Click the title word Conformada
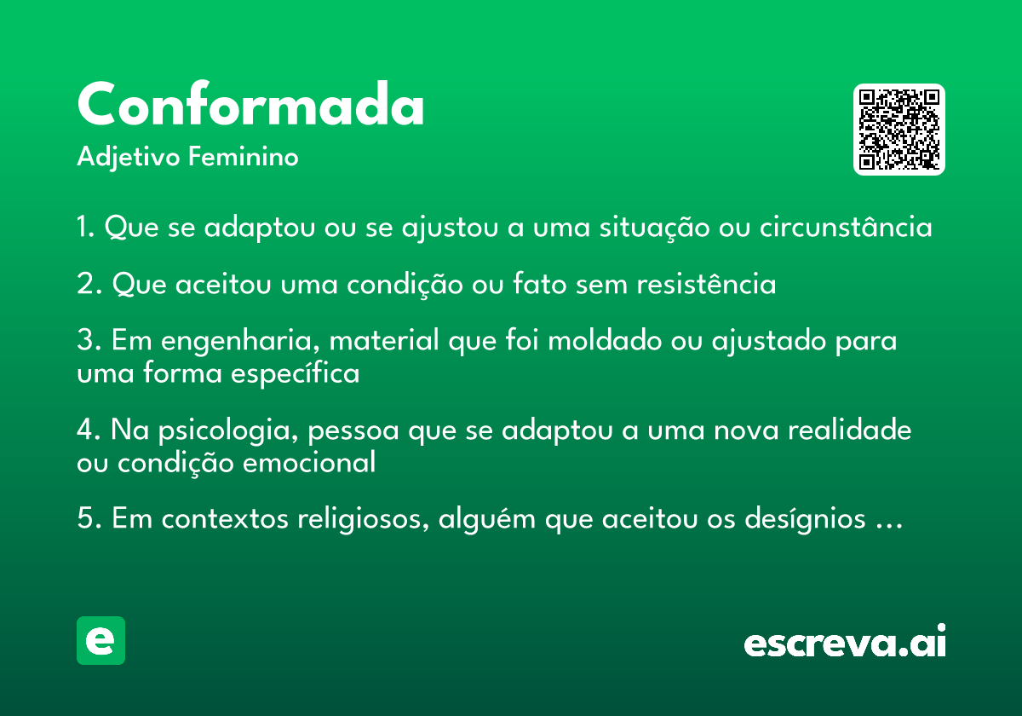[251, 103]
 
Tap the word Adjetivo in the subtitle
[129, 158]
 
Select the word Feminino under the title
[244, 156]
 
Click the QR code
[899, 130]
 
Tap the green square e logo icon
[100, 640]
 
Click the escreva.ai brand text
[845, 640]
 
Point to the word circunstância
[846, 226]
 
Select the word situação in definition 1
[654, 228]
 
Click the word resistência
[706, 283]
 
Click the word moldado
[605, 340]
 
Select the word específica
[296, 373]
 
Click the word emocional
[309, 462]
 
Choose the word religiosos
[363, 519]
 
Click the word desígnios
[805, 519]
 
